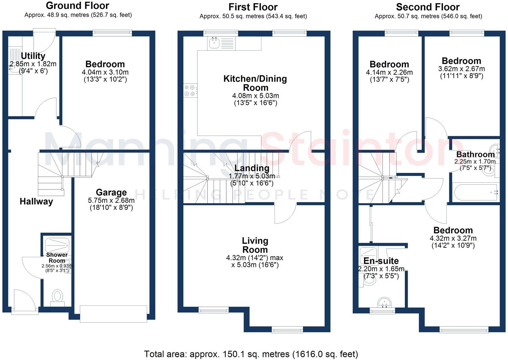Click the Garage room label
[x=111, y=192]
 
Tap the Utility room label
[x=33, y=56]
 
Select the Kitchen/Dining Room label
[x=255, y=83]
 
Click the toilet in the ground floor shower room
[x=57, y=297]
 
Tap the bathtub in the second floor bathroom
[x=475, y=192]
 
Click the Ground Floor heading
[x=78, y=6]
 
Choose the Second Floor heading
[x=428, y=7]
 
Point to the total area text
[x=251, y=354]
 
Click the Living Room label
[x=255, y=245]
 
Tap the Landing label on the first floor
[x=252, y=168]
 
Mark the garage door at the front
[x=113, y=314]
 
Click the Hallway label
[x=36, y=202]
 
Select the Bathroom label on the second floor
[x=476, y=154]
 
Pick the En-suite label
[x=381, y=261]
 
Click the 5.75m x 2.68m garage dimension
[x=111, y=200]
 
